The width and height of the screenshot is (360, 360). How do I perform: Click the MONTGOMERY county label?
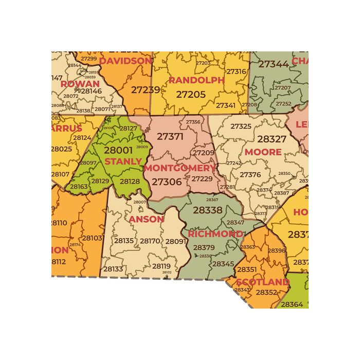180,168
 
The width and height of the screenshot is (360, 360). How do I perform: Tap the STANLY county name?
123,161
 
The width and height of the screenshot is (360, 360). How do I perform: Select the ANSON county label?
146,219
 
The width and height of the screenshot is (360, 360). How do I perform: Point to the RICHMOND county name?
215,234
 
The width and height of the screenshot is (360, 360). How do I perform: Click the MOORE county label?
263,152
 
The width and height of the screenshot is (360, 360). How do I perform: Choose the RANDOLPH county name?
196,80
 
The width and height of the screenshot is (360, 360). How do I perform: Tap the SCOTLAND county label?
262,282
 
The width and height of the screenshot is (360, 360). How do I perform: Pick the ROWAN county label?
80,83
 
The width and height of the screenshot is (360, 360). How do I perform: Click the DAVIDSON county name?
125,61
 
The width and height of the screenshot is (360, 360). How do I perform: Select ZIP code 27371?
170,137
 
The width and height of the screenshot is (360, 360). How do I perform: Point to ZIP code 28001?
118,151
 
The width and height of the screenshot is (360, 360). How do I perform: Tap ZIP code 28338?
208,210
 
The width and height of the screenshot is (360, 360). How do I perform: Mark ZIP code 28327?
272,139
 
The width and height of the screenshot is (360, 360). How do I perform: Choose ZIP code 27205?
191,95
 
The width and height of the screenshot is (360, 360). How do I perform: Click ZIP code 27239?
145,89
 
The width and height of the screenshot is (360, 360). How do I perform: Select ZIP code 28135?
124,241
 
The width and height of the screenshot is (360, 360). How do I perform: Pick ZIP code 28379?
204,247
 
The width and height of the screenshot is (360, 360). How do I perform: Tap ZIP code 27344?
273,64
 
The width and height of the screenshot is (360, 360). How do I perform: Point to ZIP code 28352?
266,292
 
